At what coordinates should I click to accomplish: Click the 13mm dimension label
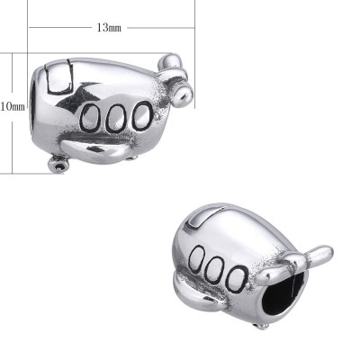pyautogui.click(x=108, y=28)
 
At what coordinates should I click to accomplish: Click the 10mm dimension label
pyautogui.click(x=12, y=106)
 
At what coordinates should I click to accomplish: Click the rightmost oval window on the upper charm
pyautogui.click(x=140, y=116)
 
